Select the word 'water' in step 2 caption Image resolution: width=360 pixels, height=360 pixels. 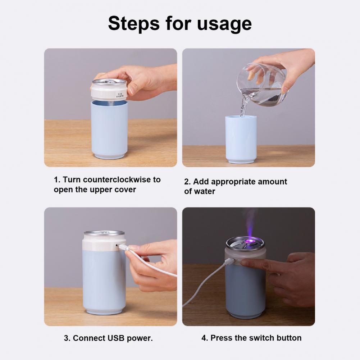[x=205, y=191]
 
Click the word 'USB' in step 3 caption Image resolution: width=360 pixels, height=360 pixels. [x=116, y=338]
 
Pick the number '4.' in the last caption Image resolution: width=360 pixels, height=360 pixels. [x=205, y=338]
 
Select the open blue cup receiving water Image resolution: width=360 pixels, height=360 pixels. [x=241, y=138]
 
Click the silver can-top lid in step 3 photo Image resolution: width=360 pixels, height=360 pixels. [x=104, y=233]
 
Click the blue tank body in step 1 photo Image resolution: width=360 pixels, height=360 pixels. [x=109, y=128]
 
